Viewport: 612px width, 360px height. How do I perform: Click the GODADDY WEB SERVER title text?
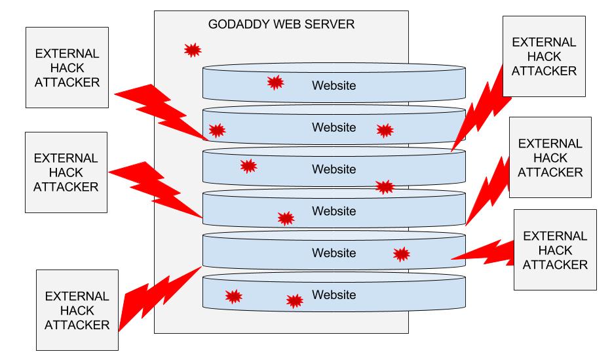pos(281,25)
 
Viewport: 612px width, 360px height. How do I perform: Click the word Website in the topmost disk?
pos(334,85)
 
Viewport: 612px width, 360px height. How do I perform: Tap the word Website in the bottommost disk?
pos(334,295)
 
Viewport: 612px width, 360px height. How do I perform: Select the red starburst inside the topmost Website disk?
pos(275,83)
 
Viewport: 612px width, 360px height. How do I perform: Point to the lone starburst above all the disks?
pos(192,50)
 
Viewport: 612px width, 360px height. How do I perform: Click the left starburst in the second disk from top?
pos(216,130)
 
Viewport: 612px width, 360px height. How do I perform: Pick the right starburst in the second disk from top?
pos(385,130)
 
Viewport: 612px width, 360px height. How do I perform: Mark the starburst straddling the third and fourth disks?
pos(385,187)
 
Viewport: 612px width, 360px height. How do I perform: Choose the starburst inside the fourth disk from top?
pos(286,218)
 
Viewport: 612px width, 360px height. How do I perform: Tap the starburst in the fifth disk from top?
pos(401,254)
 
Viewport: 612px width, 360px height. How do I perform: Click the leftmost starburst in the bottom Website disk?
pos(233,296)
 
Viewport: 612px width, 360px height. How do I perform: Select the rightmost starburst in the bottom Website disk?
pos(295,300)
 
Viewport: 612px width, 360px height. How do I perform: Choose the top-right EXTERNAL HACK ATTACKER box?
pos(543,56)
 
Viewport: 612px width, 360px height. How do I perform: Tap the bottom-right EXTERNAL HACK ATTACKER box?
pos(555,250)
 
